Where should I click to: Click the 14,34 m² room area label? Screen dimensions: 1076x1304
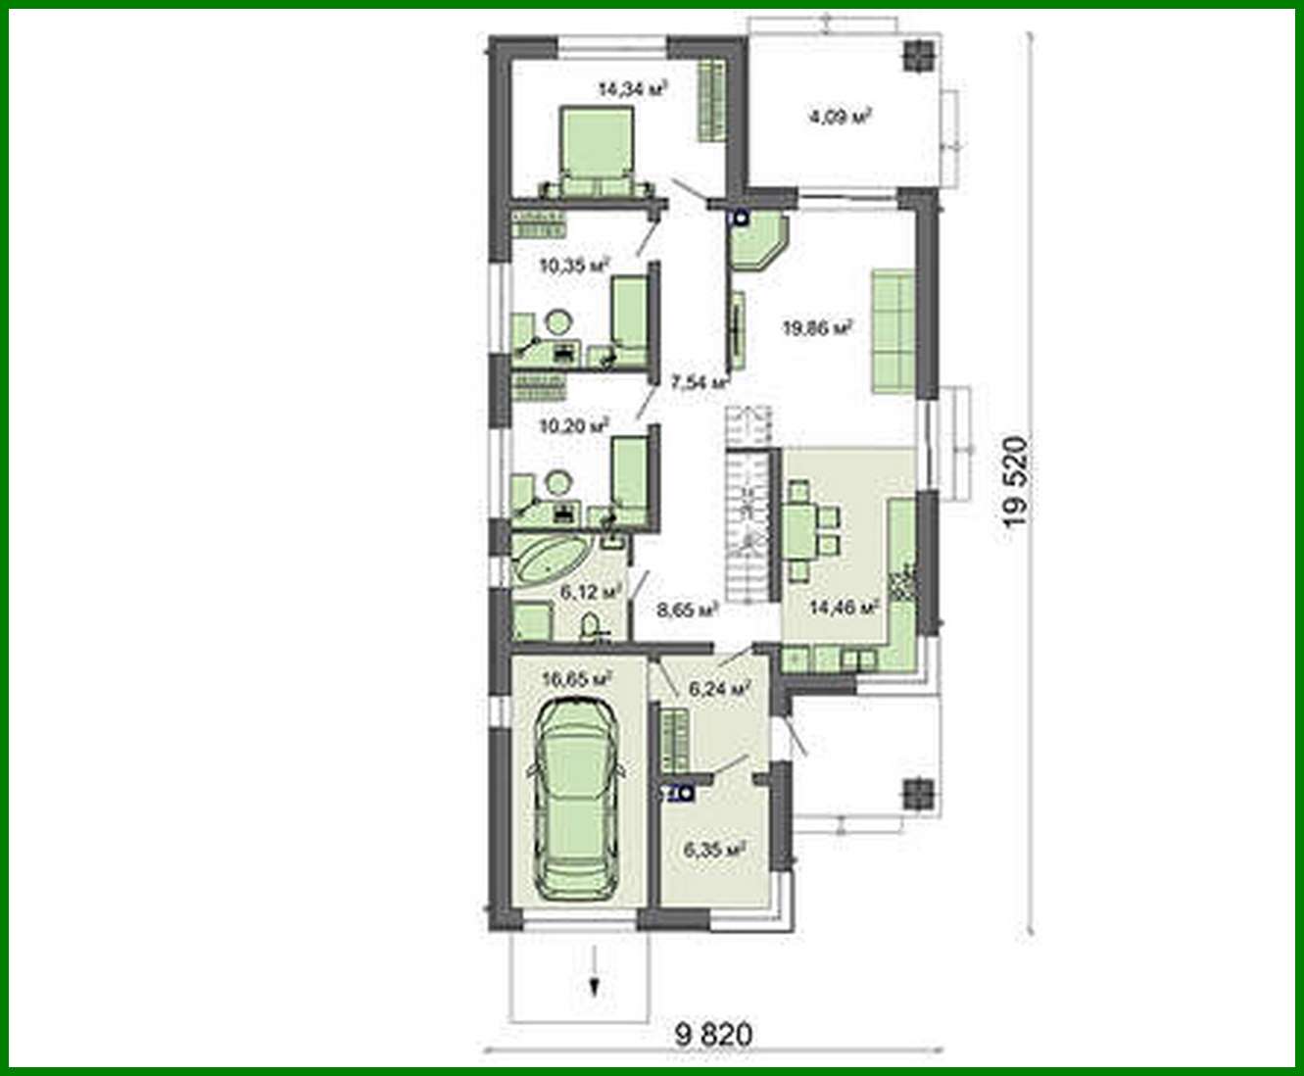coord(632,89)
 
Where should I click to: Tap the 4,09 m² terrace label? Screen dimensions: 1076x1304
coord(840,118)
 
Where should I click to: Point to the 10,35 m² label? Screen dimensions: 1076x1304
coord(574,264)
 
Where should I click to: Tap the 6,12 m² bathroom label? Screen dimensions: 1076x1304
coord(592,592)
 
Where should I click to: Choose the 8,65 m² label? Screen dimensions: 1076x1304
coord(688,610)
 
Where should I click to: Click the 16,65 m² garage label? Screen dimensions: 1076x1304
coord(577,677)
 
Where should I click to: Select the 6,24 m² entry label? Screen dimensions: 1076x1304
coord(720,689)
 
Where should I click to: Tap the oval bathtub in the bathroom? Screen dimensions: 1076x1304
coord(552,561)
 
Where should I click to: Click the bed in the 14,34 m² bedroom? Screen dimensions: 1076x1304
coord(596,152)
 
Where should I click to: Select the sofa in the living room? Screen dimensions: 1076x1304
coord(893,329)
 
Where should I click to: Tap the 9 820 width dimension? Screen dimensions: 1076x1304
coord(714,1035)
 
